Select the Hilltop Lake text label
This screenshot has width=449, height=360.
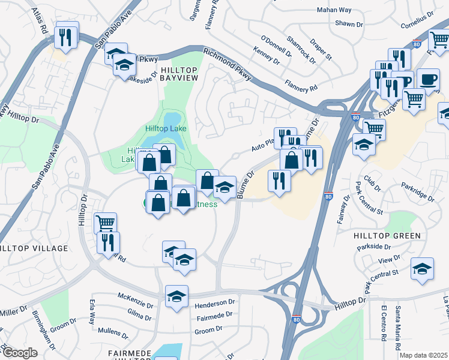point(166,128)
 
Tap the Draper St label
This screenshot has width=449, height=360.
point(321,50)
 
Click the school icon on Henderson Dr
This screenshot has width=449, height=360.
point(176,297)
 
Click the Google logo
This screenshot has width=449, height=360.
point(19,352)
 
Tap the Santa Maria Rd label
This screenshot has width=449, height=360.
point(398,328)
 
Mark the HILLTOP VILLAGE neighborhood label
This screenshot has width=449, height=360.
point(34,248)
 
